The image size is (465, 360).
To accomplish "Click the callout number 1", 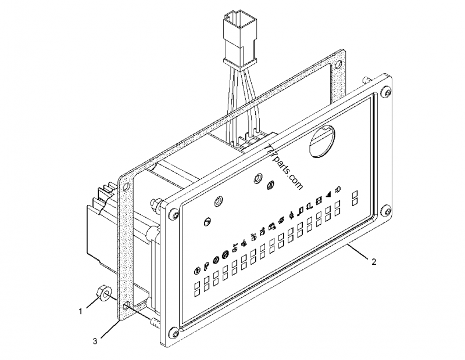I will click(81, 311).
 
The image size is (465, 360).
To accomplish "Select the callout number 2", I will click(374, 262).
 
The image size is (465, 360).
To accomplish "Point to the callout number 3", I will click(95, 341).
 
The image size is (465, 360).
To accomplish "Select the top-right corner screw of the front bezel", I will click(387, 90).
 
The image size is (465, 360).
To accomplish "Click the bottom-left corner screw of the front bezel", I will click(173, 332).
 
